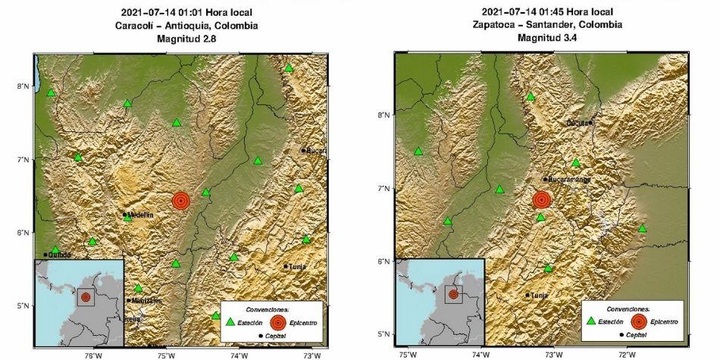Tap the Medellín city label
click(139, 215)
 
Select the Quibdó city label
click(60, 255)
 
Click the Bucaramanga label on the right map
click(569, 180)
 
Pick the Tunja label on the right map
click(539, 296)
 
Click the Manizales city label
click(146, 301)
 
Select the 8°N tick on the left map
click(23, 86)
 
